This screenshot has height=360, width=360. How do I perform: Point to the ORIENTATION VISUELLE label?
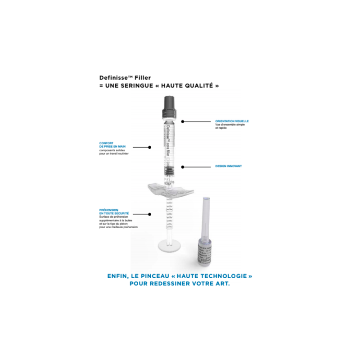(232, 121)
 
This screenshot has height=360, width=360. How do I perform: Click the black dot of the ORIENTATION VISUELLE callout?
(182, 121)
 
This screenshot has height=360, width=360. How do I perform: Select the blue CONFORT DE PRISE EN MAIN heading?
(111, 145)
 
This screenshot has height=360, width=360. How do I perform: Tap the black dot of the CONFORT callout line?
(150, 147)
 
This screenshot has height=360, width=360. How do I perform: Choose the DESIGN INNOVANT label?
(229, 166)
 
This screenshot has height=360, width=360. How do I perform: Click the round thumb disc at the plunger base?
(170, 246)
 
